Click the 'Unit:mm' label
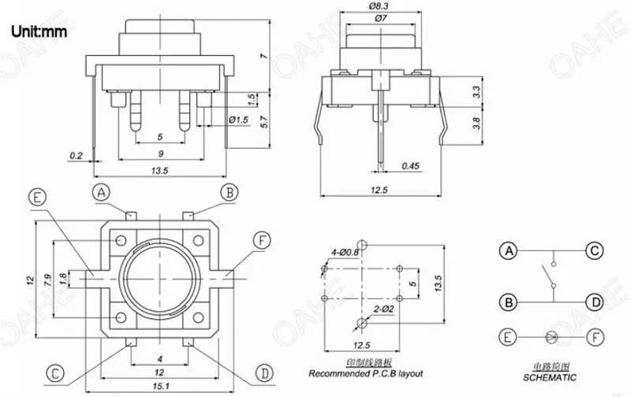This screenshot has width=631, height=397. pyautogui.click(x=38, y=32)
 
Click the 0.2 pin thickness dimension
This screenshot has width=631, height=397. pyautogui.click(x=76, y=155)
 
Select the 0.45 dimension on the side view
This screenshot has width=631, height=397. pyautogui.click(x=409, y=166)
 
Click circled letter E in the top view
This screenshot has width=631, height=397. pyautogui.click(x=36, y=199)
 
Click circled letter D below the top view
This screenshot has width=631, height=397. pyautogui.click(x=265, y=371)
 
